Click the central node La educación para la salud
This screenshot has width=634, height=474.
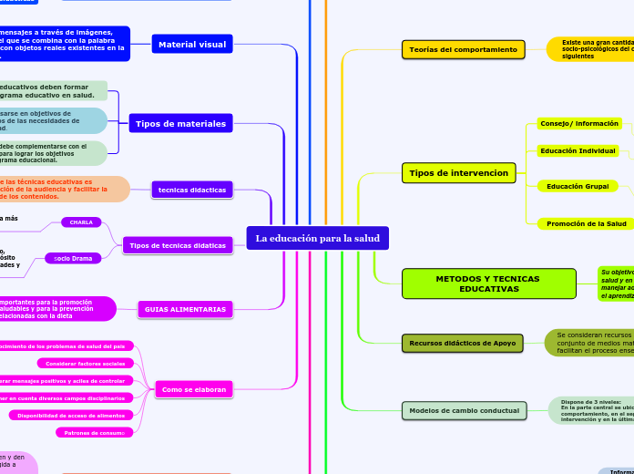click(x=317, y=238)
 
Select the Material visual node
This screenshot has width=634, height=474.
click(x=191, y=44)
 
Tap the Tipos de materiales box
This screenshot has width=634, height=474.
click(x=192, y=123)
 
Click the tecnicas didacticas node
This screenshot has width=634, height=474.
click(x=192, y=190)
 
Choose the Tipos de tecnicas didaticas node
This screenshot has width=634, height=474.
click(x=177, y=245)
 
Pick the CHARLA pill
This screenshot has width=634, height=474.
click(x=81, y=222)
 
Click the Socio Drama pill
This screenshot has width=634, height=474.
click(x=73, y=258)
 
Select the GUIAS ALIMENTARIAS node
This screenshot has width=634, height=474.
click(x=185, y=309)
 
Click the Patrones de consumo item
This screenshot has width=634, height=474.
click(x=95, y=432)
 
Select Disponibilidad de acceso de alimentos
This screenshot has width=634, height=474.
click(x=72, y=415)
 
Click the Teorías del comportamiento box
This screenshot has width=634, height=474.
click(x=463, y=49)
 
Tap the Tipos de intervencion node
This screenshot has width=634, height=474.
click(x=458, y=172)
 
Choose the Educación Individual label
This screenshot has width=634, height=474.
click(x=578, y=150)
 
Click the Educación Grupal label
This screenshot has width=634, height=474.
click(x=578, y=186)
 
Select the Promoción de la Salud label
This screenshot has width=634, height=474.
click(x=586, y=223)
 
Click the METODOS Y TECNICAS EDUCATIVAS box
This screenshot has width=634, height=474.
click(x=488, y=283)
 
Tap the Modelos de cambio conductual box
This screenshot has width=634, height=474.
click(x=465, y=410)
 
